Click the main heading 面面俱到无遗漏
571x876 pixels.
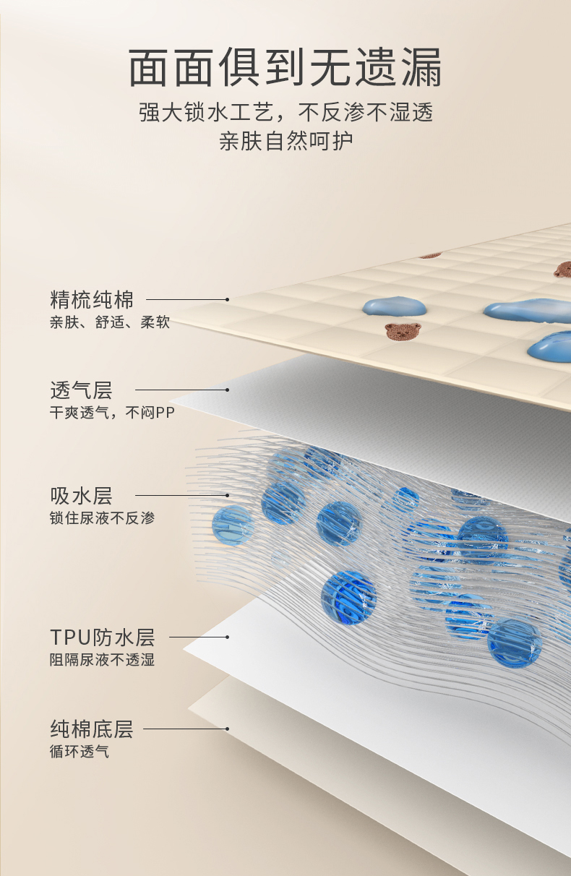click(x=285, y=69)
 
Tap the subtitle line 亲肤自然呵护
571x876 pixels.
click(x=285, y=140)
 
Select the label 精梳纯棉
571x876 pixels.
click(x=92, y=299)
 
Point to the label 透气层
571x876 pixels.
click(x=81, y=390)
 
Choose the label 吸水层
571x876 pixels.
click(x=81, y=496)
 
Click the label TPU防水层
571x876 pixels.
click(x=102, y=637)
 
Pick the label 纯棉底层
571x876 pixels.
click(x=92, y=729)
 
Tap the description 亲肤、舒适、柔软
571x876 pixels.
click(x=110, y=322)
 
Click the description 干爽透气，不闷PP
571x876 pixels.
click(x=112, y=413)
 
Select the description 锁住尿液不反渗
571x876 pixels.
click(x=102, y=518)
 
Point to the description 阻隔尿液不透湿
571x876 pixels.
click(x=102, y=660)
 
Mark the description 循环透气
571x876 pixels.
click(x=80, y=752)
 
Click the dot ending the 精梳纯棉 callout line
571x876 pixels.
click(x=227, y=299)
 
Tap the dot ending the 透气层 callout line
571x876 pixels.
click(x=227, y=390)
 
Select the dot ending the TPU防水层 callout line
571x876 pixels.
click(x=227, y=637)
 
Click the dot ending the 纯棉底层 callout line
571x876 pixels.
click(x=227, y=729)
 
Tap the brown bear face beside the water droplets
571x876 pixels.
click(x=403, y=332)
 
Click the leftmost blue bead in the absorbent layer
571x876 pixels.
click(x=233, y=523)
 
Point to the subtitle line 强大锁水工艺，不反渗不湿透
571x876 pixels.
click(x=285, y=113)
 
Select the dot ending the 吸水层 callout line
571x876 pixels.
click(x=227, y=496)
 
